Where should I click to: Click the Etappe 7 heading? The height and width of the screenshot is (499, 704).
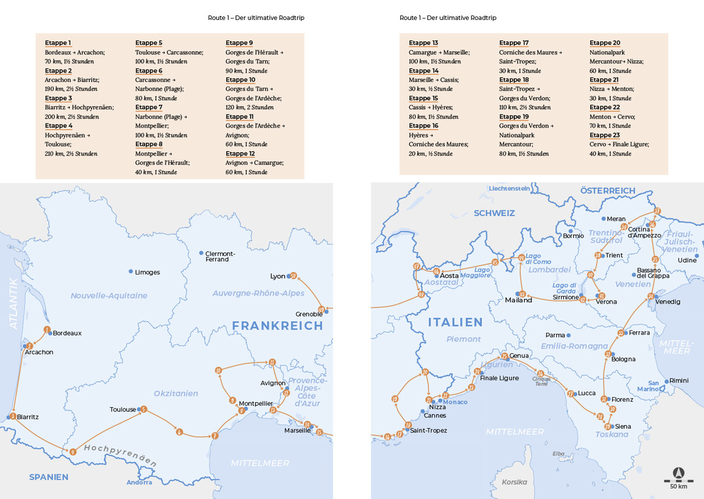pos(149,107)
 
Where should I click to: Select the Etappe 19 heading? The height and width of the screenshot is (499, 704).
pos(514,117)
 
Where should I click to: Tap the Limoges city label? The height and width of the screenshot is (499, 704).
pos(147,272)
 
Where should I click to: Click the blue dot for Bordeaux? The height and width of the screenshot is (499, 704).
pos(50,333)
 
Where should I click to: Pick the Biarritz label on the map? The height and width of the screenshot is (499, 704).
pos(28,417)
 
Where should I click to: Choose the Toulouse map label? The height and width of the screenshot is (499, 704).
pos(123,409)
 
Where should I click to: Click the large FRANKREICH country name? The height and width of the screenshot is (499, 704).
pos(277,326)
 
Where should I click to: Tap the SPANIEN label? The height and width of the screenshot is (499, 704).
pos(48,477)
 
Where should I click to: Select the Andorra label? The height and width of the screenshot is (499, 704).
pos(139,482)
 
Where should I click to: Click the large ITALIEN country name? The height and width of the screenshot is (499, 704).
pos(455,322)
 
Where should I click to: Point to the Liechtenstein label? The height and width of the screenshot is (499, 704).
pos(509,188)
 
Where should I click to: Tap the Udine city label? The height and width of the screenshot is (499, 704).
pos(687,260)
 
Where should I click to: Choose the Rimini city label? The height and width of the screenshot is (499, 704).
pos(679,380)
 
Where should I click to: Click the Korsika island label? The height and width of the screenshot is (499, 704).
pos(514,482)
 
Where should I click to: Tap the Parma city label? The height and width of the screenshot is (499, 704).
pos(555,335)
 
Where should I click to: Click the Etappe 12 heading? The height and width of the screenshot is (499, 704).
pos(239,153)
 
